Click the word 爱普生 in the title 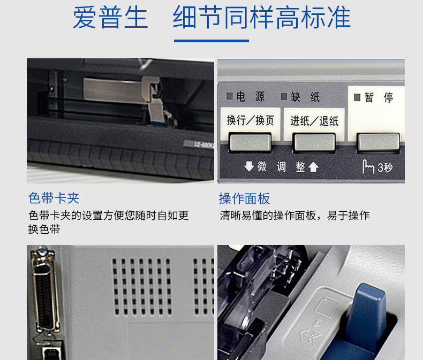tap(110, 18)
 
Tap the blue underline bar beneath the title tap(211, 41)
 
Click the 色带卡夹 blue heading tap(54, 198)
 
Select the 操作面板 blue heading tap(244, 198)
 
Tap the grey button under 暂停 tap(378, 142)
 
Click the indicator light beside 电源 tap(230, 96)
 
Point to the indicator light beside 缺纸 tap(284, 96)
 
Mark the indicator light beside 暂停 tap(357, 97)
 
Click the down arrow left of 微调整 tap(249, 166)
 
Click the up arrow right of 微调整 tap(313, 167)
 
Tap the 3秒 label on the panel tap(385, 168)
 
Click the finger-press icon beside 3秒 tap(368, 166)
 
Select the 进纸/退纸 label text tap(314, 121)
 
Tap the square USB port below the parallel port tap(51, 353)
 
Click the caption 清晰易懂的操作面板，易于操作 tap(294, 215)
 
